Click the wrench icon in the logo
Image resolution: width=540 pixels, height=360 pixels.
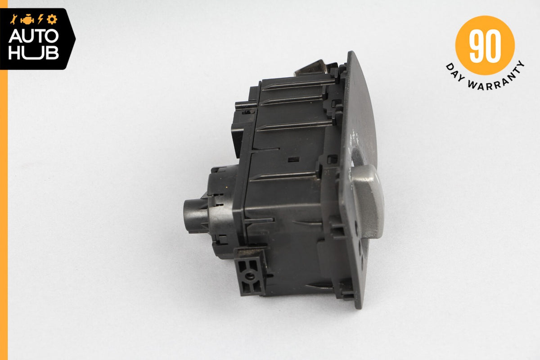(13, 19)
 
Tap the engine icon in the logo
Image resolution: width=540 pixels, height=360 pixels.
(27, 20)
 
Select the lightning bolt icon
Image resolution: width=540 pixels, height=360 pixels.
(40, 19)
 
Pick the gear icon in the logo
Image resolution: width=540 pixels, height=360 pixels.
(52, 19)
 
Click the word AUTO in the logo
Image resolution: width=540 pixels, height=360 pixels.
(34, 36)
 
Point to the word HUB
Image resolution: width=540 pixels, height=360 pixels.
(34, 53)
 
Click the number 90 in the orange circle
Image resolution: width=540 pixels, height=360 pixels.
(485, 46)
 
